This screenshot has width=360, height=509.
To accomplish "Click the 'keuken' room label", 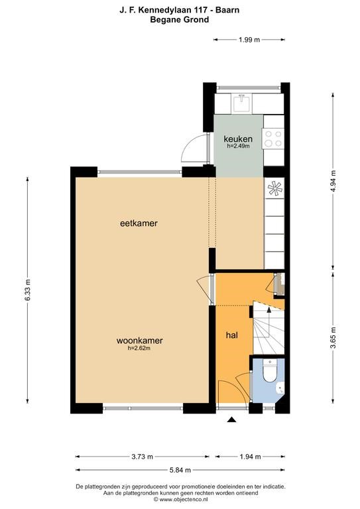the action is pyautogui.click(x=238, y=139).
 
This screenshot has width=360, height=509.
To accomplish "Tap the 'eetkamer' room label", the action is pyautogui.click(x=139, y=223).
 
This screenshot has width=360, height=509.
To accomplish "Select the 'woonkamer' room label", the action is pyautogui.click(x=140, y=341).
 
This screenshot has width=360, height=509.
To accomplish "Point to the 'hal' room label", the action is pyautogui.click(x=232, y=335).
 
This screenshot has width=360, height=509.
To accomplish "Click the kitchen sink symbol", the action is pyautogui.click(x=242, y=103).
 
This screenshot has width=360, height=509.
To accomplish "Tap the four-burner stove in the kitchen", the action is pyautogui.click(x=273, y=139).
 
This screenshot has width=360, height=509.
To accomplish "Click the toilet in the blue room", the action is pyautogui.click(x=269, y=370).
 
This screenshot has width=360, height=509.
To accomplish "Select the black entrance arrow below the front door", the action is pyautogui.click(x=231, y=420).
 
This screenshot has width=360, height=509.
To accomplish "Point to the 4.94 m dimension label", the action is pyautogui.click(x=333, y=182).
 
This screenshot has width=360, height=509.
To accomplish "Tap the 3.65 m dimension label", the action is pyautogui.click(x=333, y=337).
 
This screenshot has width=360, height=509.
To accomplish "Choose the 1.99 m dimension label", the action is pyautogui.click(x=249, y=40).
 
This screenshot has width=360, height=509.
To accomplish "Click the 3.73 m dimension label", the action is pyautogui.click(x=142, y=457).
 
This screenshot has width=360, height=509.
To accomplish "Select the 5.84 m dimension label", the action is pyautogui.click(x=180, y=470).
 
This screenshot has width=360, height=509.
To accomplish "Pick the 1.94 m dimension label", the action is pyautogui.click(x=251, y=457).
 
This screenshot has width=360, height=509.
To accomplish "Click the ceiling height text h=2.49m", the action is pyautogui.click(x=238, y=146).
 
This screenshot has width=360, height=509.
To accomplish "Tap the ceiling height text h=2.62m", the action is pyautogui.click(x=139, y=349).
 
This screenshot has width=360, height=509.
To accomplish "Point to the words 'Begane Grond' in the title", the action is pyautogui.click(x=180, y=19).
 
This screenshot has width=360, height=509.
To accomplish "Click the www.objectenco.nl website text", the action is pyautogui.click(x=183, y=499).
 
